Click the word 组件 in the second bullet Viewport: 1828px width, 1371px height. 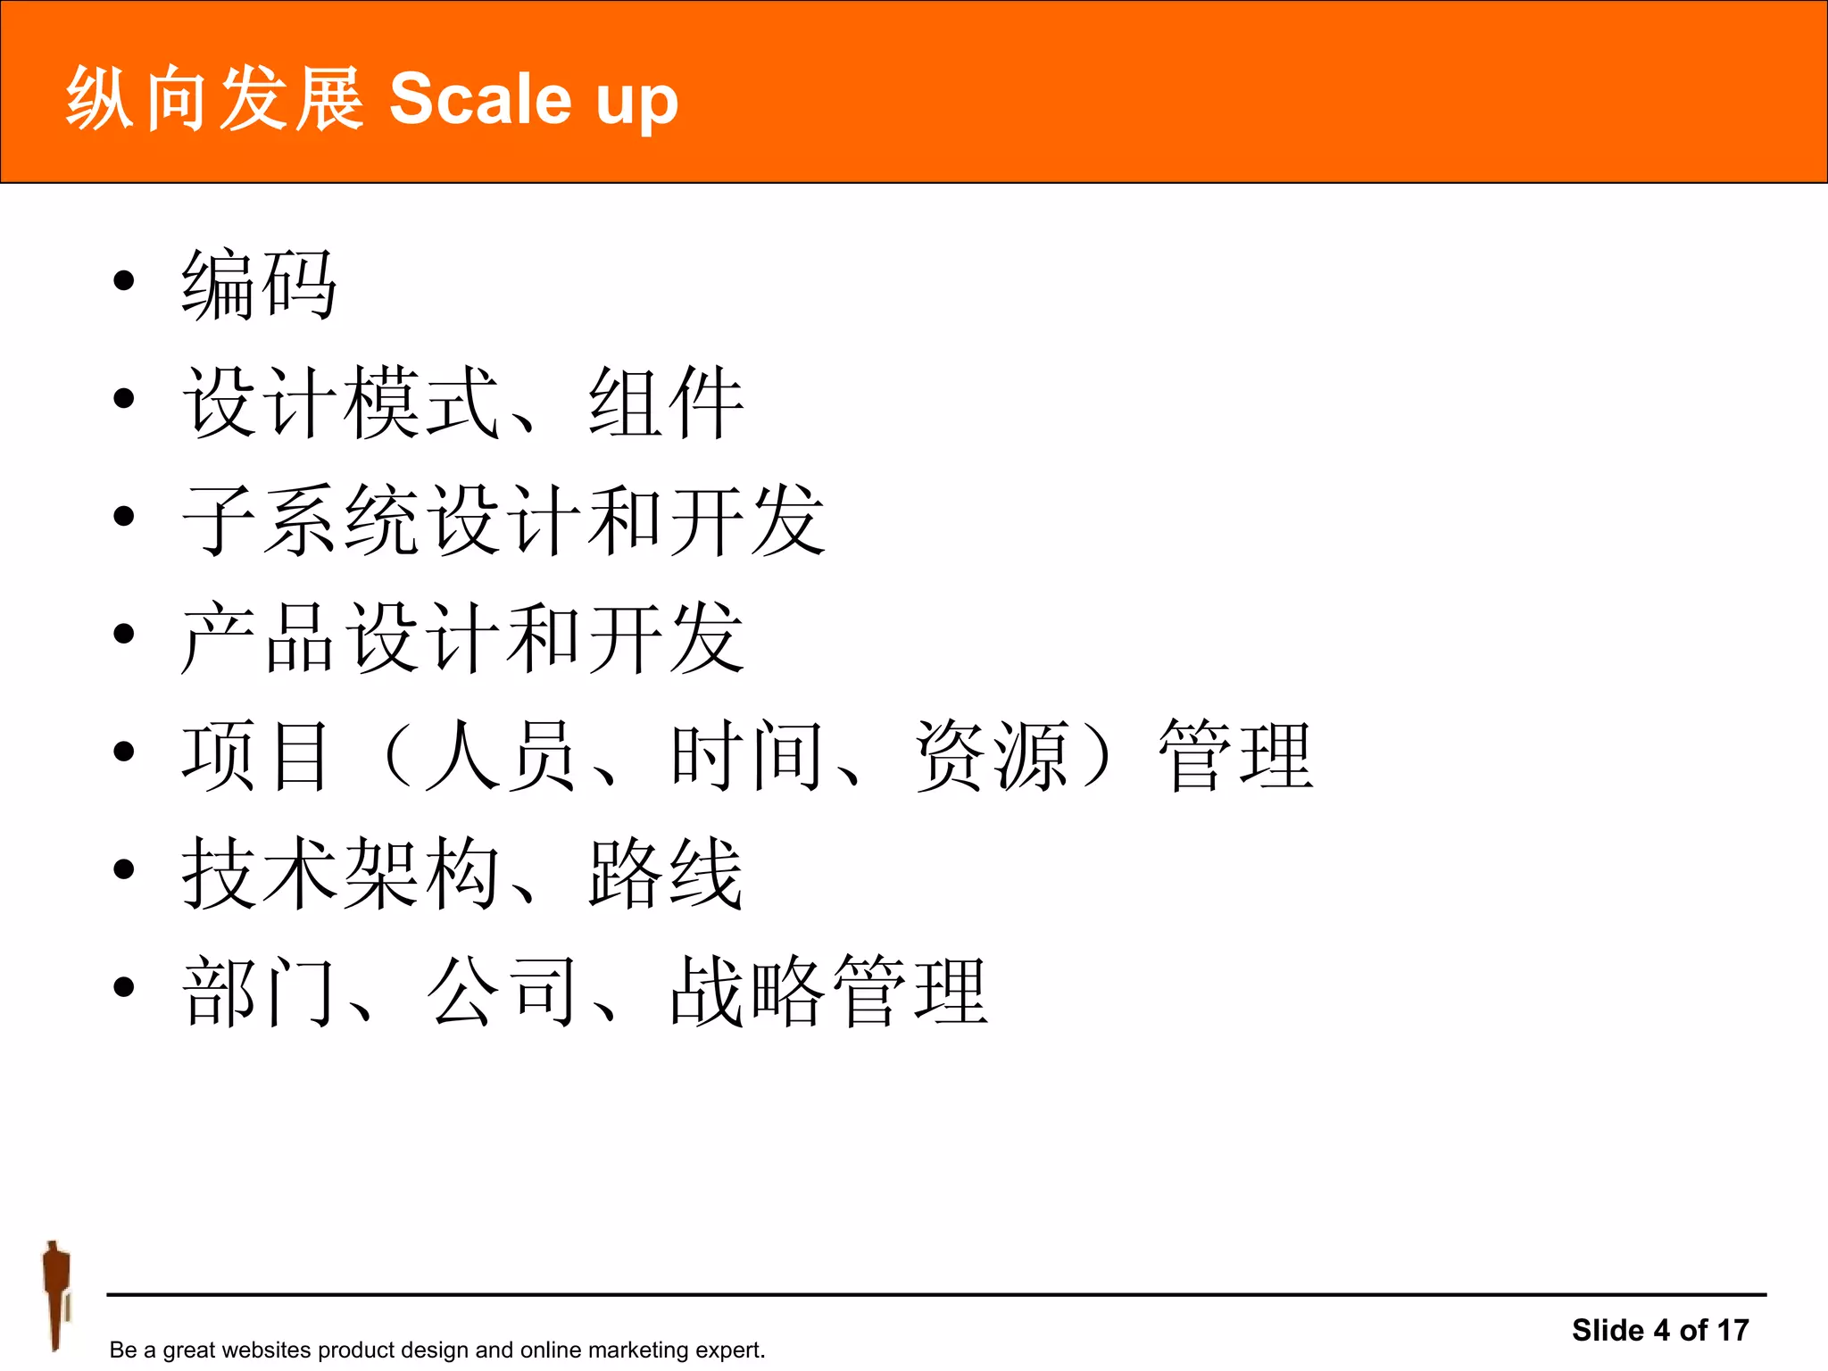tap(666, 403)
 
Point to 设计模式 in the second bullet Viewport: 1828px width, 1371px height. tap(340, 403)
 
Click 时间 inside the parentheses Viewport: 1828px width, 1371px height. tap(746, 756)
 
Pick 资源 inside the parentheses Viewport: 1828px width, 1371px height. tap(991, 756)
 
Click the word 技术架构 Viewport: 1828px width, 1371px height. tap(340, 874)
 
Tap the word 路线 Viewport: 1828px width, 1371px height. tap(666, 874)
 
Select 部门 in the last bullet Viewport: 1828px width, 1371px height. tap(259, 992)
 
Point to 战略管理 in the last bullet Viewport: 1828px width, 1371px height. tap(828, 992)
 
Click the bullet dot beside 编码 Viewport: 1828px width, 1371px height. tap(124, 281)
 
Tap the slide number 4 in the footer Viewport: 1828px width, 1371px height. tap(1661, 1330)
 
